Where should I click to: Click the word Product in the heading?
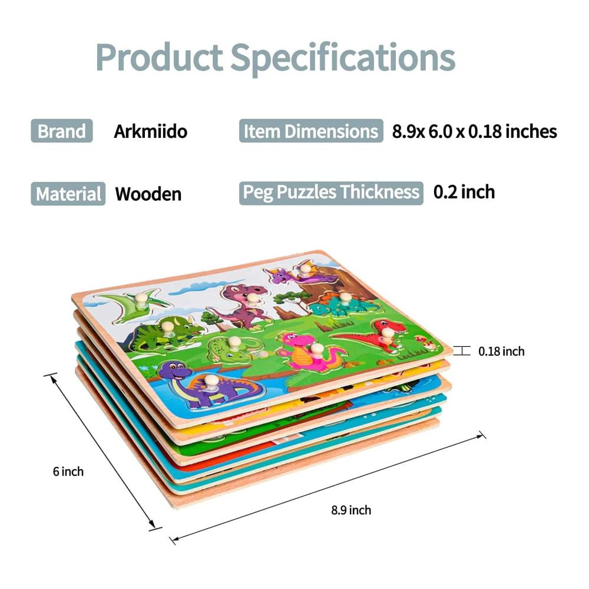pos(159,58)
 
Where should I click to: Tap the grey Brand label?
pos(62,131)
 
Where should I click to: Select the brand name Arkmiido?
pos(151,131)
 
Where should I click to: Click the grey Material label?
pos(68,194)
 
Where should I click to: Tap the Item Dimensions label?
pos(311,131)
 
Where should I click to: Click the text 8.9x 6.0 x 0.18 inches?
pos(474,131)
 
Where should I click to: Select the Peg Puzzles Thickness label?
pos(331,193)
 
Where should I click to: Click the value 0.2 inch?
pos(464,192)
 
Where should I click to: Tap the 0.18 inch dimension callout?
pos(501,351)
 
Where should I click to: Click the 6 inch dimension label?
pos(68,471)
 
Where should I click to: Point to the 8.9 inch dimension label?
pos(351,509)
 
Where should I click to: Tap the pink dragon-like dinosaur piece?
pos(309,350)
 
